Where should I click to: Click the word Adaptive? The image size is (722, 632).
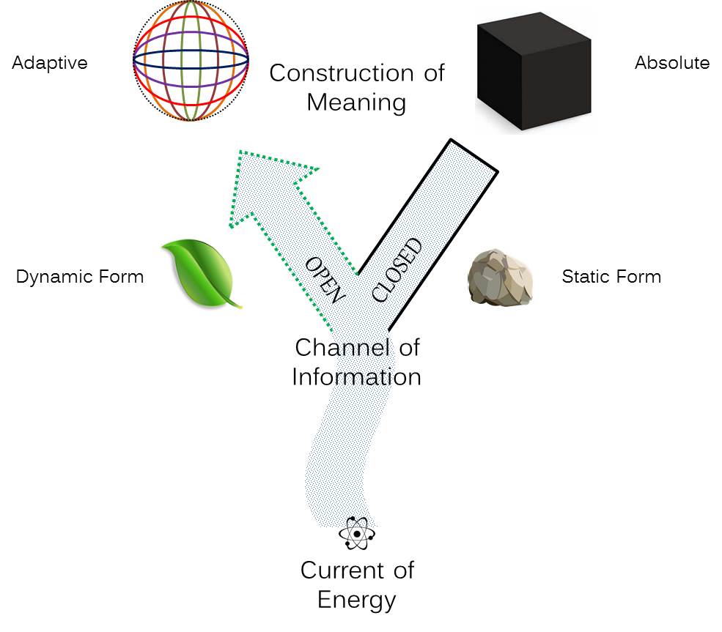click(x=49, y=63)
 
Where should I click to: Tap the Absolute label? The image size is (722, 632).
click(x=671, y=63)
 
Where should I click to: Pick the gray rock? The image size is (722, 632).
click(x=499, y=277)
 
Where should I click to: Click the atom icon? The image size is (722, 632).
click(x=357, y=534)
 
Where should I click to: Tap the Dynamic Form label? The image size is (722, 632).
click(x=80, y=277)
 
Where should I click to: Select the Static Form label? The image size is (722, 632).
click(x=611, y=277)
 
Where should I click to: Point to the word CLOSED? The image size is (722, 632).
click(x=398, y=270)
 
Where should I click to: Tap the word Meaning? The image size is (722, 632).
click(x=356, y=103)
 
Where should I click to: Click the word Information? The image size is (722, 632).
click(x=356, y=376)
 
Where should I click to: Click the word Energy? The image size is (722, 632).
click(x=356, y=600)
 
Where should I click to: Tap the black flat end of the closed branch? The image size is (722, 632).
click(x=474, y=155)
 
